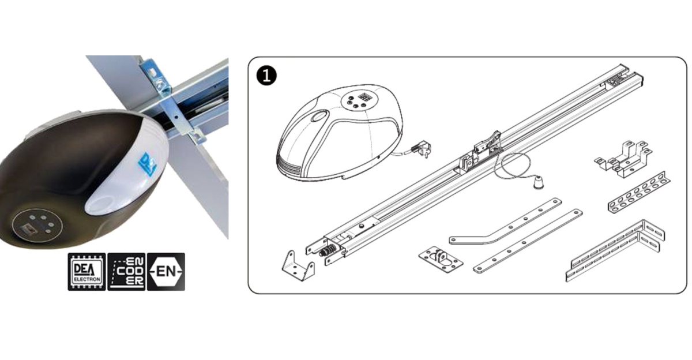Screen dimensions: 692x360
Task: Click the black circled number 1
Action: (266, 76)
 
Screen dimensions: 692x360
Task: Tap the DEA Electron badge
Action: (87, 272)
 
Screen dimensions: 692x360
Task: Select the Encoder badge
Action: (126, 272)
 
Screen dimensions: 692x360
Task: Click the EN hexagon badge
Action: (166, 272)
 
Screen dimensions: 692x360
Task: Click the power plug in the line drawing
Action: (422, 149)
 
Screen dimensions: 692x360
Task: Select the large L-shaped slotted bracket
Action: (615, 250)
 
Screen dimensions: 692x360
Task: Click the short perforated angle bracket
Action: (639, 193)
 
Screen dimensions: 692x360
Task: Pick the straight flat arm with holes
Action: (528, 241)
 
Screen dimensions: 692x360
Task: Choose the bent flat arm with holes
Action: (505, 222)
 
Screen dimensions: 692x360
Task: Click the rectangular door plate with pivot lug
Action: (441, 260)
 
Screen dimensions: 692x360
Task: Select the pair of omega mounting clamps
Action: (623, 159)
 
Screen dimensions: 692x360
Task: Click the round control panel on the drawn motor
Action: (357, 101)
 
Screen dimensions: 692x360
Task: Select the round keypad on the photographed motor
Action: (37, 223)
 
